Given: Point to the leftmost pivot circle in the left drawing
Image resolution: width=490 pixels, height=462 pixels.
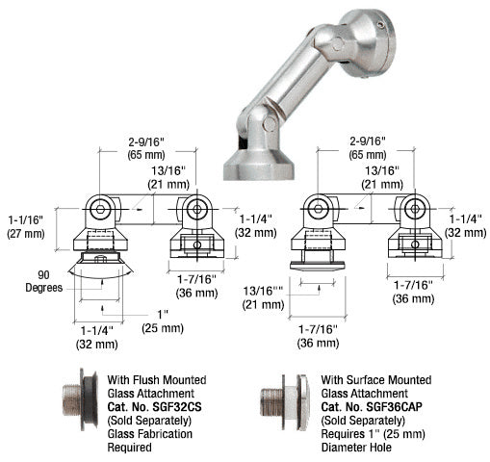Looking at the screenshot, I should point(100,206).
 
